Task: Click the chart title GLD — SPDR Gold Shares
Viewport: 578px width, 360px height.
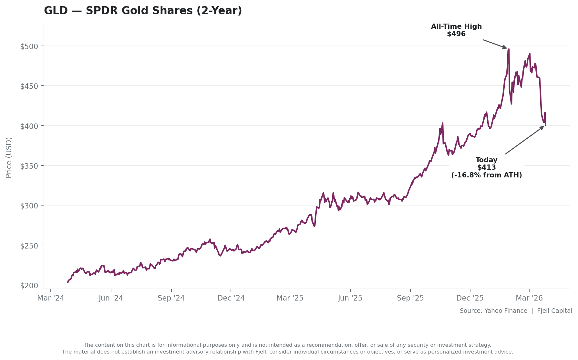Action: [143, 11]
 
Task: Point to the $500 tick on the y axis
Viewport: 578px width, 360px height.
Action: [29, 46]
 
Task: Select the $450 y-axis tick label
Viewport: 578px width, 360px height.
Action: [29, 86]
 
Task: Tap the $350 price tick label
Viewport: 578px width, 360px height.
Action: [29, 166]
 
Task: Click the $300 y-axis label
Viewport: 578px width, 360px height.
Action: [29, 206]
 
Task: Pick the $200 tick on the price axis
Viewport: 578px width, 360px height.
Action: [29, 285]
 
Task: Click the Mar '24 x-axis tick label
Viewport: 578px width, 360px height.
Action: [51, 298]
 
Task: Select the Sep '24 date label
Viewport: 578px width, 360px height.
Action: [171, 298]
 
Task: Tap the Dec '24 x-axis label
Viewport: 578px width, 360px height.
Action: [231, 298]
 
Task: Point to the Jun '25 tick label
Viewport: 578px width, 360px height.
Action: [350, 298]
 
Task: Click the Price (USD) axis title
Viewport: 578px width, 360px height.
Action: [9, 157]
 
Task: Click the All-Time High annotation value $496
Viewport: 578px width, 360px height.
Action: [456, 34]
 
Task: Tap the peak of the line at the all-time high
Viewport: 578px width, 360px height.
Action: [509, 49]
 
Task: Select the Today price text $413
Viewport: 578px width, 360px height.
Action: [487, 167]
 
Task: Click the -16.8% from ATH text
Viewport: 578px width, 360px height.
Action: [487, 175]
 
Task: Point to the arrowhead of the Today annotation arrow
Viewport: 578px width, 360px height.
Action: [543, 127]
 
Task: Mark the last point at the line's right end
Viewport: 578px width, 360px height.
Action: [545, 125]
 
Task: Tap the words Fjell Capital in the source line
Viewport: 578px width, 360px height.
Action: [555, 311]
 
